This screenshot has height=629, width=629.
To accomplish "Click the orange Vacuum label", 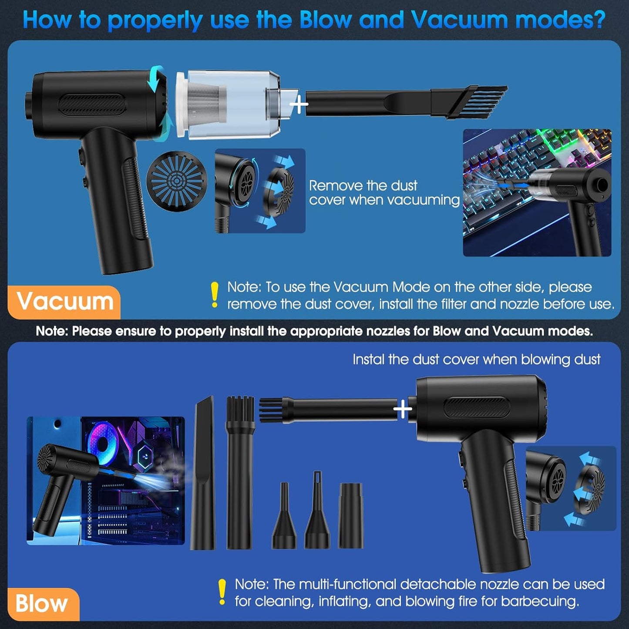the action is (64, 302).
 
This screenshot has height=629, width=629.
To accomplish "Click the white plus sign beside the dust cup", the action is (299, 104).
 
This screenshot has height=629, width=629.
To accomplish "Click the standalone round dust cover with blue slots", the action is (177, 179).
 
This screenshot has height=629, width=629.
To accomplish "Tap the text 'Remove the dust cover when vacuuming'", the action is (384, 192).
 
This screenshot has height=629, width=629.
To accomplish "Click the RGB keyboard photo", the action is (537, 192).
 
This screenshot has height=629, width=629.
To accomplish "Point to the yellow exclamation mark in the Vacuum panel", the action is (215, 295).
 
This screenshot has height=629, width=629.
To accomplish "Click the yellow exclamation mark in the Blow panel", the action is (222, 592).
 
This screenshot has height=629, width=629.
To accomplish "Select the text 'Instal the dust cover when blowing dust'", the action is (477, 360).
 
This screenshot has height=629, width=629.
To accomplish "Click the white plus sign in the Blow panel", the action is (403, 409).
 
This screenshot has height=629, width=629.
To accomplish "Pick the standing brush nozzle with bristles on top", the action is (240, 473).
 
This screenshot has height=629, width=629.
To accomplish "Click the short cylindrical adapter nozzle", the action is (350, 516).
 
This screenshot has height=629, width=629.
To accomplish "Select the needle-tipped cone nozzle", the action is (317, 510).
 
